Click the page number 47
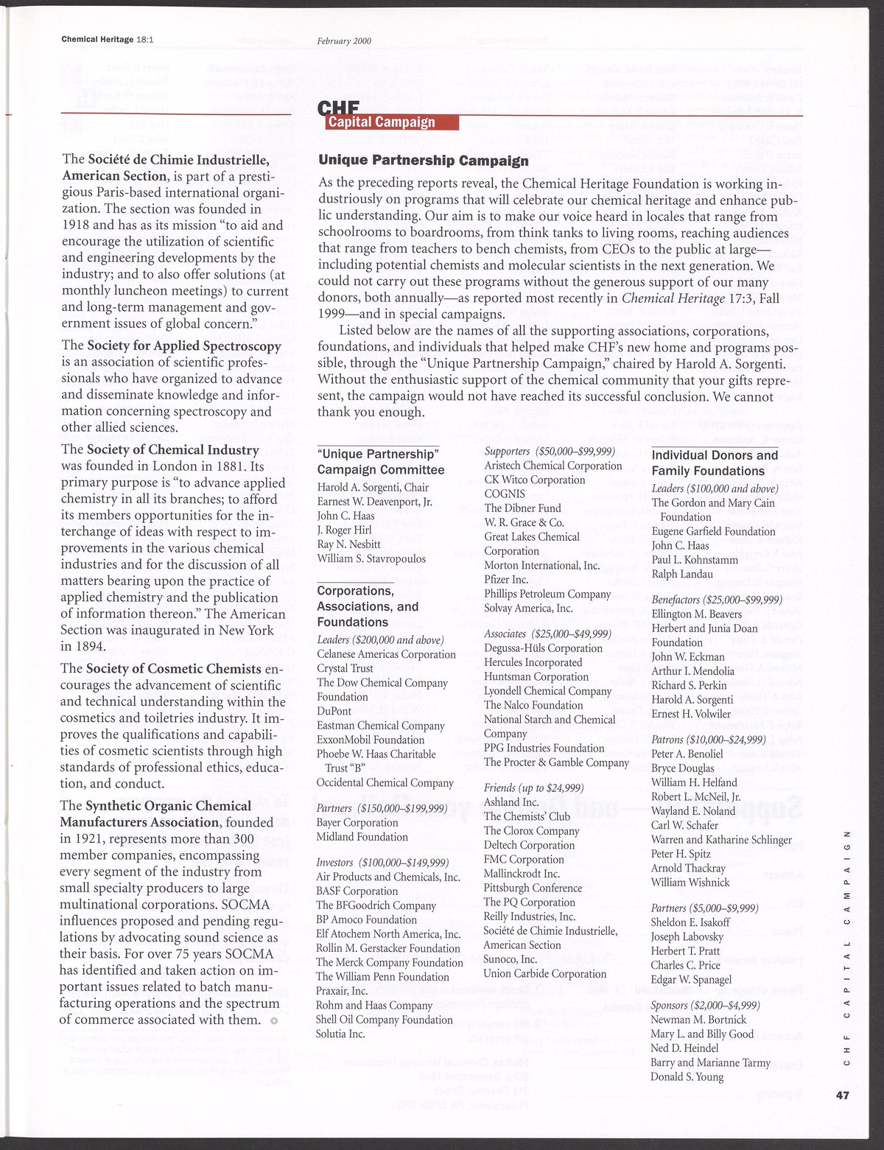pos(843,1095)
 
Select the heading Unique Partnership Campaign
pos(423,160)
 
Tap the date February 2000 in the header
pos(344,41)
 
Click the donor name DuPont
pos(334,711)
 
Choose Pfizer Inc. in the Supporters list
pos(506,580)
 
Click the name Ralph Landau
pos(682,574)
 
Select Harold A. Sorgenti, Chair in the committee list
pos(373,487)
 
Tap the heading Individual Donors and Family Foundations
pos(715,463)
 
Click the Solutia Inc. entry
pos(341,1034)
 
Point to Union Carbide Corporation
pos(545,973)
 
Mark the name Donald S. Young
pos(687,1076)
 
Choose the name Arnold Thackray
pos(688,868)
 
